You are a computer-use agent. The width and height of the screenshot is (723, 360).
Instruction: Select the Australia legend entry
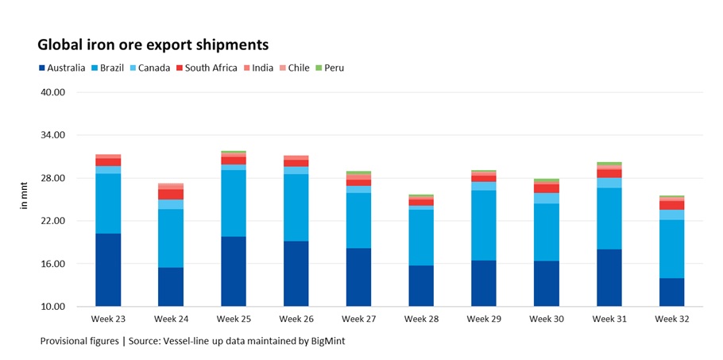[x=61, y=68]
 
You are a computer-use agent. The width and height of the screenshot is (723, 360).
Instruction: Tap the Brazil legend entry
[x=110, y=68]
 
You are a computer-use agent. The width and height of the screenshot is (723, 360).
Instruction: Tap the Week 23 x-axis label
[x=108, y=319]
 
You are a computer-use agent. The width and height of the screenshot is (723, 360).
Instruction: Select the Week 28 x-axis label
[x=421, y=319]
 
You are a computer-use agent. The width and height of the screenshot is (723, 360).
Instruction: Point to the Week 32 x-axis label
[x=671, y=319]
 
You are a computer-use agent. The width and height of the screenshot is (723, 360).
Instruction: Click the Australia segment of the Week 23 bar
[x=108, y=270]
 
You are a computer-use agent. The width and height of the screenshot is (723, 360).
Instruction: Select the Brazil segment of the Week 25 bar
[x=233, y=203]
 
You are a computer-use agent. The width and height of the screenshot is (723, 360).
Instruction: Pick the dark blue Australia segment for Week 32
[x=671, y=292]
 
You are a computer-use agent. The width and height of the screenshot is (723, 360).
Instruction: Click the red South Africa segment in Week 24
[x=171, y=194]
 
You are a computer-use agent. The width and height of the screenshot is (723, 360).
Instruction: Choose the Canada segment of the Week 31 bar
[x=609, y=183]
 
